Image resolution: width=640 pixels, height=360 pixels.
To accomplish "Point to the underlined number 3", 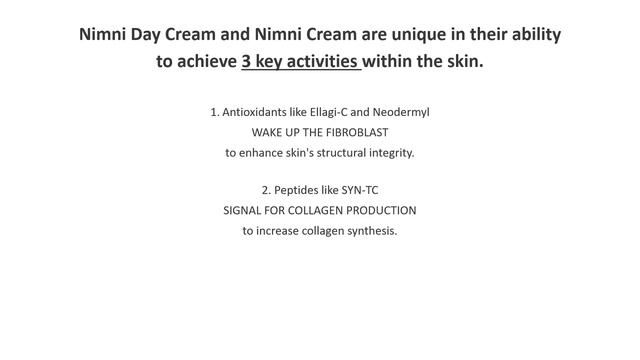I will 247,61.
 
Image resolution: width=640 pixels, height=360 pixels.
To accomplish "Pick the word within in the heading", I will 390,61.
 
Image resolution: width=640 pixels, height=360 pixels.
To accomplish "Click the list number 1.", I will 215,112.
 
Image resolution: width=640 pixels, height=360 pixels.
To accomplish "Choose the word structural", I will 327,153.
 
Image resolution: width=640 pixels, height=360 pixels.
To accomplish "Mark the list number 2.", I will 266,190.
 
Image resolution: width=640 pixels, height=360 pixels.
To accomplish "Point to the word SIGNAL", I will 244,211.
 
